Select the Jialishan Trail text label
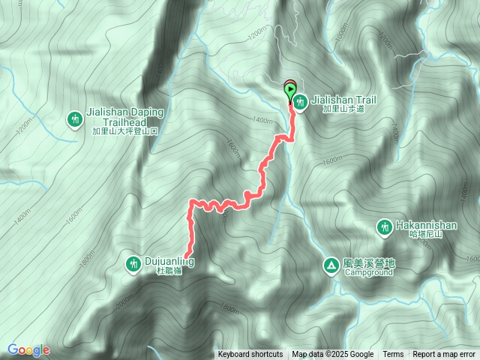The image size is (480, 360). [343, 100]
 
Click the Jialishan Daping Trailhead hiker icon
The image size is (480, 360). [75, 118]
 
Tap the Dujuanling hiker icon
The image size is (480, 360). [133, 263]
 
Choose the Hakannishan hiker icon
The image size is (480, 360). [385, 226]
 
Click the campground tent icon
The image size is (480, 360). [331, 265]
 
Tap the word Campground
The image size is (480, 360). [369, 272]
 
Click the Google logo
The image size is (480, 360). [28, 349]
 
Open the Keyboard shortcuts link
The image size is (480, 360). [250, 355]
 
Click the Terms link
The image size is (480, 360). [393, 355]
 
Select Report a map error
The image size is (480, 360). [445, 355]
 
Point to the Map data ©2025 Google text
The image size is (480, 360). [333, 355]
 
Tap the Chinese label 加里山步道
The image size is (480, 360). [343, 109]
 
